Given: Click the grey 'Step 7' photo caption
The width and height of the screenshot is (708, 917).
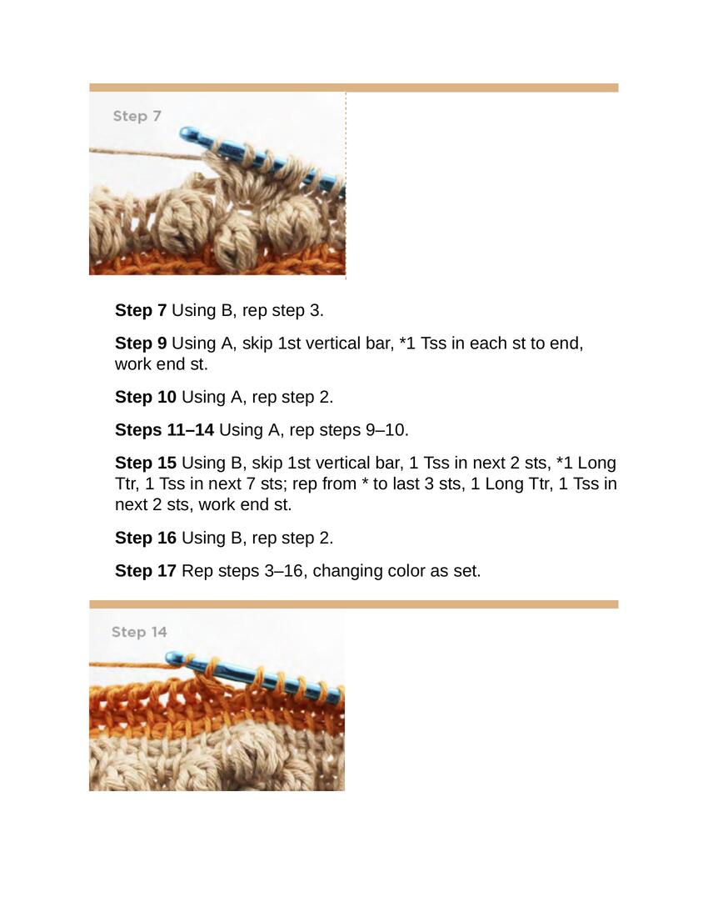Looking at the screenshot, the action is [137, 116].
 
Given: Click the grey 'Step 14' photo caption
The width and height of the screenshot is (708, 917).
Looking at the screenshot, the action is [139, 632].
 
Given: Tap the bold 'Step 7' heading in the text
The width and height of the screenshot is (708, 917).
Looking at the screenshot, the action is [141, 310].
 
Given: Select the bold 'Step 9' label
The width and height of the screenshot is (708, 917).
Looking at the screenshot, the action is [141, 343].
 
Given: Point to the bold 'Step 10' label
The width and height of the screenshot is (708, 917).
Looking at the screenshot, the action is [146, 397].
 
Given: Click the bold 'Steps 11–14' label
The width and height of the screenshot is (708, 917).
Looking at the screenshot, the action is [165, 429].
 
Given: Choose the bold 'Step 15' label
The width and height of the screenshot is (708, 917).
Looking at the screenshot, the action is [146, 463].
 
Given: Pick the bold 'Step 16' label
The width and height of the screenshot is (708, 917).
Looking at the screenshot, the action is [146, 538].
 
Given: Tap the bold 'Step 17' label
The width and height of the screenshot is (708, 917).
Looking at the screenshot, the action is [146, 570].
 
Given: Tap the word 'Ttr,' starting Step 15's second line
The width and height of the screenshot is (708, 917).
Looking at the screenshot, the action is [127, 484].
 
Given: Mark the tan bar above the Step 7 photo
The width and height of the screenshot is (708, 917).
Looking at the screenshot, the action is [353, 88].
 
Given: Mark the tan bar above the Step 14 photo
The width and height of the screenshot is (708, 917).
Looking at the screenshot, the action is [353, 604].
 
